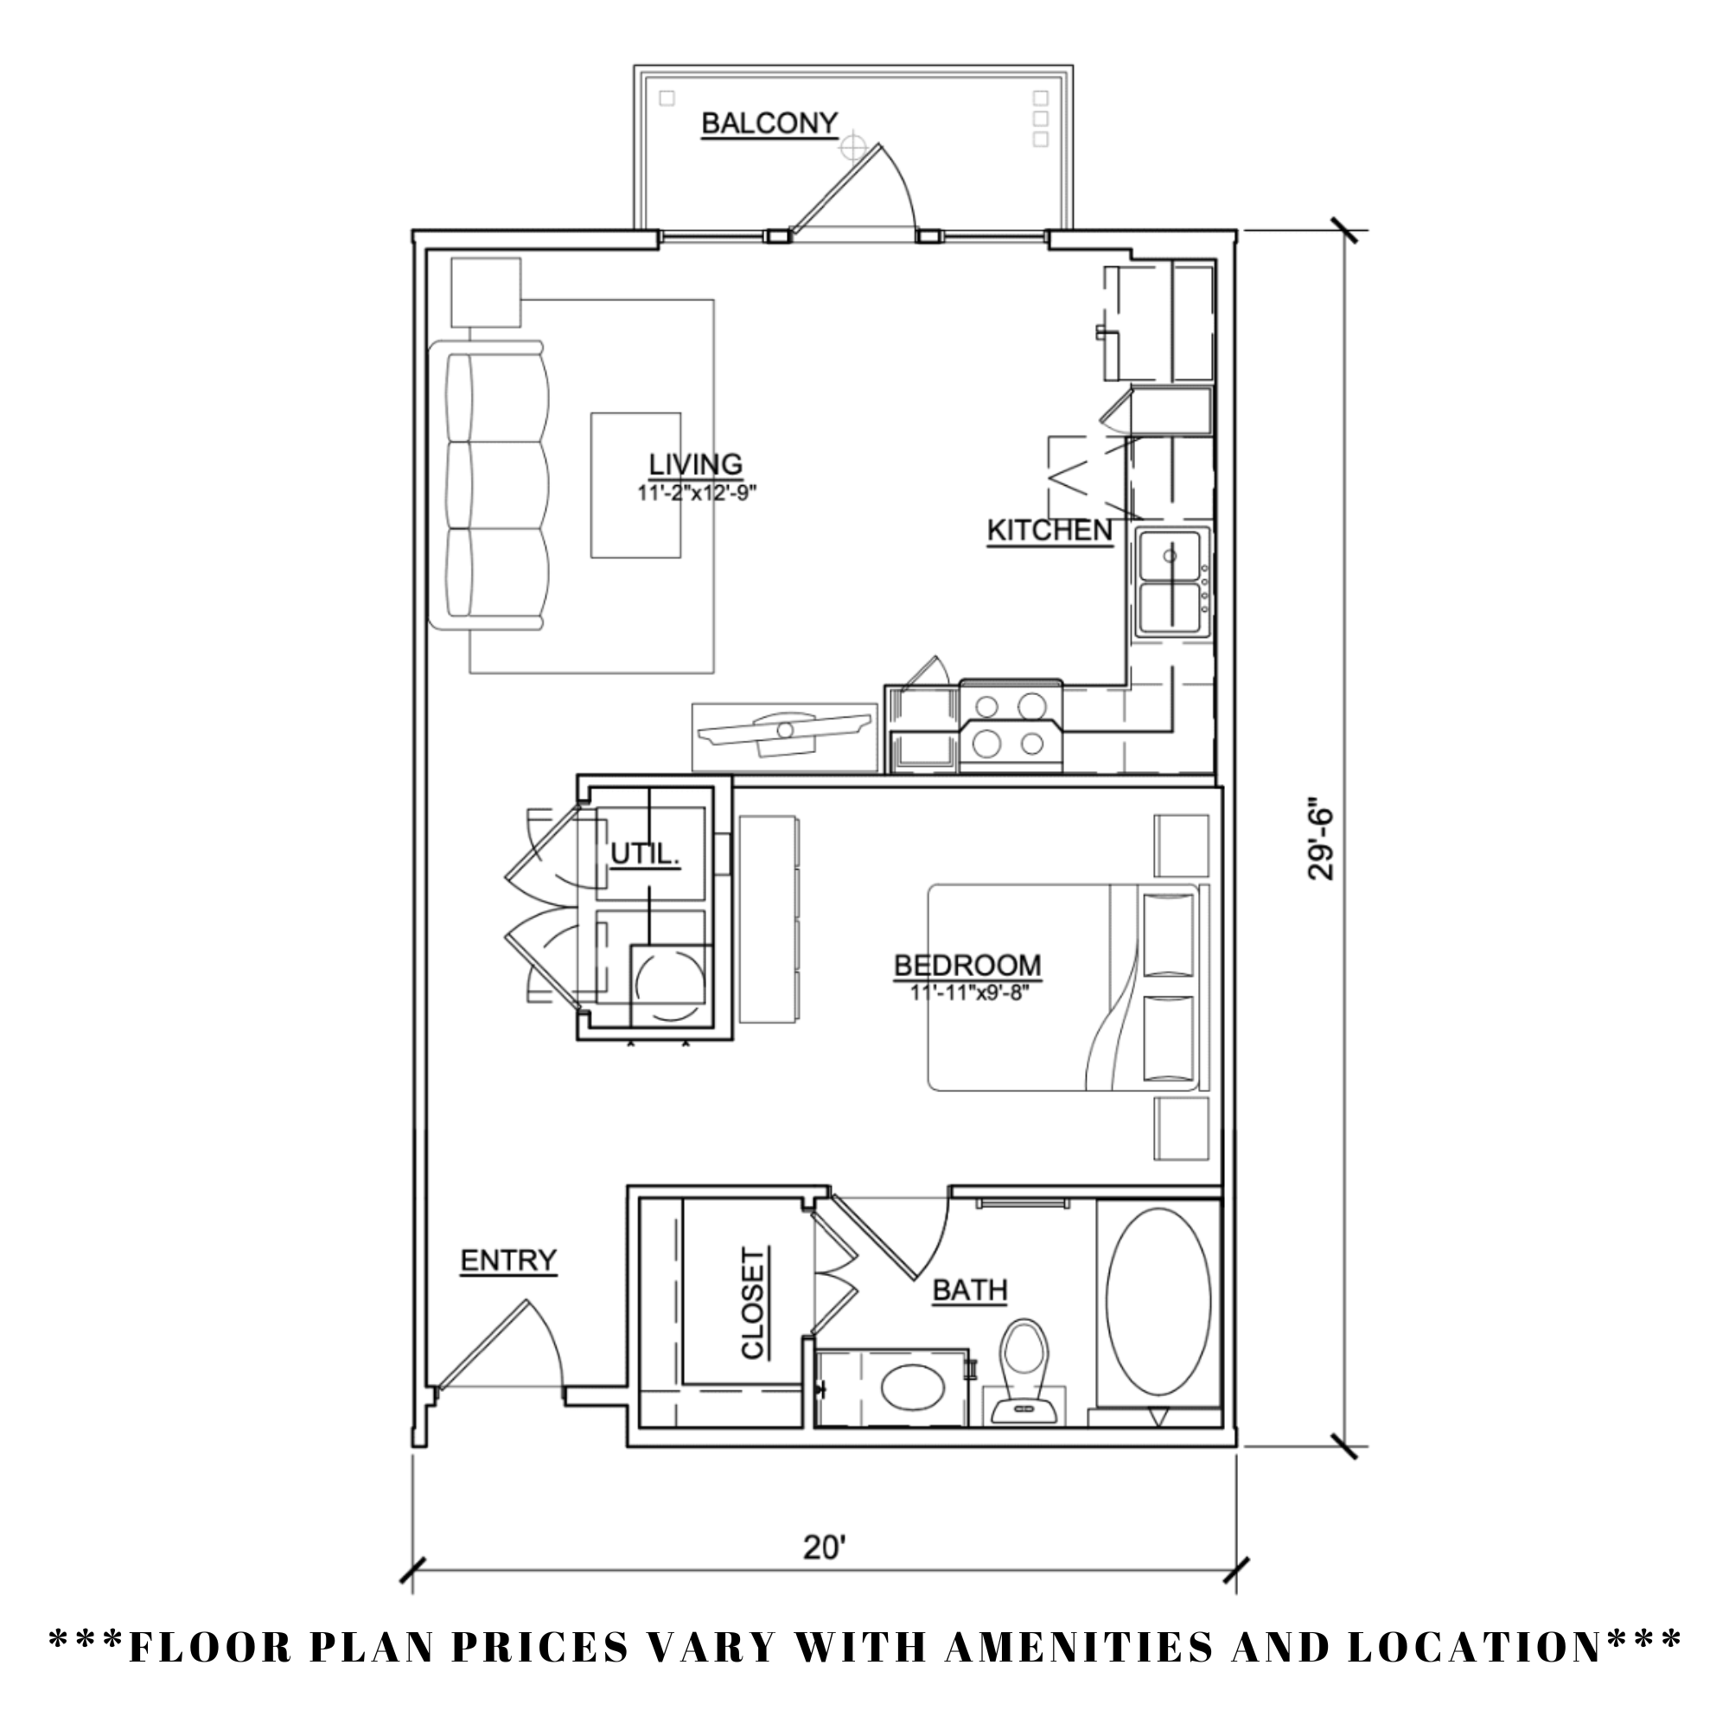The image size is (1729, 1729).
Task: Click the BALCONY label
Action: click(x=769, y=124)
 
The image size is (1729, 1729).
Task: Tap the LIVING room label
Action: click(x=695, y=464)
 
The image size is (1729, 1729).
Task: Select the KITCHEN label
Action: click(x=1049, y=531)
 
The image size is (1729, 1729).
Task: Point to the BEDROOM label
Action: click(x=967, y=966)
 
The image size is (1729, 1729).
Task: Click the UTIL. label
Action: click(x=645, y=855)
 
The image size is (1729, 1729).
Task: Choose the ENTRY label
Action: click(x=508, y=1261)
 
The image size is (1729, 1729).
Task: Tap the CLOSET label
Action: click(x=754, y=1304)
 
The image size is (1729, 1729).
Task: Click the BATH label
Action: click(x=970, y=1291)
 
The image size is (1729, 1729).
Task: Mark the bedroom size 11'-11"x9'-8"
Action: click(x=970, y=992)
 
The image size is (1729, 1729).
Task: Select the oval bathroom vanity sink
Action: click(x=912, y=1389)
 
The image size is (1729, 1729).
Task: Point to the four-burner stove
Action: click(x=1011, y=725)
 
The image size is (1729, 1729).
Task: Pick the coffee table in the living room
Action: click(x=635, y=485)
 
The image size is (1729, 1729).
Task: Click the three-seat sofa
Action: click(x=494, y=486)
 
